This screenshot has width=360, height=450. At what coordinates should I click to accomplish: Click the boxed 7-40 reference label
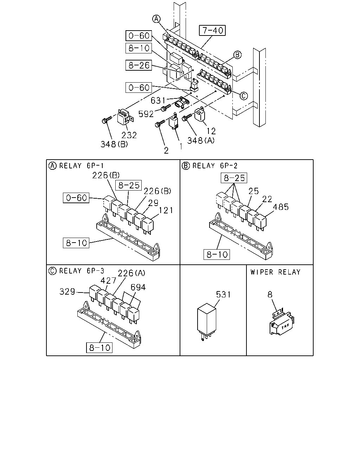[212, 30]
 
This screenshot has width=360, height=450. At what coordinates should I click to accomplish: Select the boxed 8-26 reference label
[139, 65]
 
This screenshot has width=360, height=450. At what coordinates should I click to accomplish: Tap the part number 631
[158, 101]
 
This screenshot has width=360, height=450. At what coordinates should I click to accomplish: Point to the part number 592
[146, 114]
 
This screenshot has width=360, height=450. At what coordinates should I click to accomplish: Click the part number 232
[129, 135]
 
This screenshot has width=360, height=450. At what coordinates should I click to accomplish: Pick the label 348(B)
[114, 144]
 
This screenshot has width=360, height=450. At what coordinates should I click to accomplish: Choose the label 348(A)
[201, 141]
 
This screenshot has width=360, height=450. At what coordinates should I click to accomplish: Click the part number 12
[211, 131]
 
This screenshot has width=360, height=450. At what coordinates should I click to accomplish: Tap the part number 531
[223, 294]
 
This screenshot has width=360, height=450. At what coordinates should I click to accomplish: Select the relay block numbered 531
[206, 321]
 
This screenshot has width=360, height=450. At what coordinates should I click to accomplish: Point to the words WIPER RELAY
[276, 272]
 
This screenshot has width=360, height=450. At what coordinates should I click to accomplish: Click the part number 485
[281, 207]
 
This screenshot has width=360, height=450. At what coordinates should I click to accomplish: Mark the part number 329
[67, 291]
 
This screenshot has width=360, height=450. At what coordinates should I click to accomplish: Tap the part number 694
[138, 287]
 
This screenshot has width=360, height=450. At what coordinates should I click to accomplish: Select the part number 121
[166, 210]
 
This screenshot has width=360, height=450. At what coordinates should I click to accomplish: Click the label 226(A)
[131, 273]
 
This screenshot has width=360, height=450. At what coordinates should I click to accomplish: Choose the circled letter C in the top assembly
[244, 96]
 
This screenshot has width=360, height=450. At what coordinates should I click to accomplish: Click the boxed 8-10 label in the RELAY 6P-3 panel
[99, 348]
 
